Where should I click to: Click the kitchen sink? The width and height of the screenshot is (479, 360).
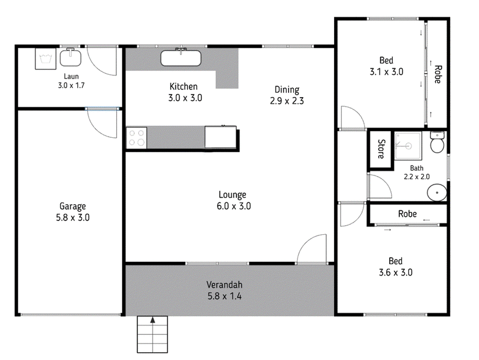pyautogui.click(x=181, y=58)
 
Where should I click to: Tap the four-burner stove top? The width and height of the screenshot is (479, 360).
pyautogui.click(x=137, y=138)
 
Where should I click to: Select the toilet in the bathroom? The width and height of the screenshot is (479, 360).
pyautogui.click(x=437, y=142)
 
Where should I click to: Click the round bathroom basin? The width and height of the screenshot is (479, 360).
pyautogui.click(x=437, y=192)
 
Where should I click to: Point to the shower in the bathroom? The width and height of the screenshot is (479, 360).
pyautogui.click(x=408, y=146)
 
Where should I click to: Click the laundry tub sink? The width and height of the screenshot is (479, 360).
pyautogui.click(x=71, y=58)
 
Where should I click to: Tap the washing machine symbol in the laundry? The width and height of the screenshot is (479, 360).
pyautogui.click(x=46, y=58)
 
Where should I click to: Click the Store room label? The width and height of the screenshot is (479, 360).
pyautogui.click(x=381, y=149)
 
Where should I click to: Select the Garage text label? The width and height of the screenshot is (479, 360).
pyautogui.click(x=72, y=207)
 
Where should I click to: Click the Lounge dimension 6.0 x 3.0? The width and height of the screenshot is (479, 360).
pyautogui.click(x=234, y=206)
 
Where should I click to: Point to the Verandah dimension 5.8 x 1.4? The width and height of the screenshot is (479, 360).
pyautogui.click(x=225, y=296)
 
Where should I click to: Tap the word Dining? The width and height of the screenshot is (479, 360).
pyautogui.click(x=287, y=89)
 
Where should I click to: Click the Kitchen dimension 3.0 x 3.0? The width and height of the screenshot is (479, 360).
pyautogui.click(x=185, y=98)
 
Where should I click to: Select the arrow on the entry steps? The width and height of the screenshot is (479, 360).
pyautogui.click(x=153, y=320)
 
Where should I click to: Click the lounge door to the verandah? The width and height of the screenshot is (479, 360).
pyautogui.click(x=312, y=247)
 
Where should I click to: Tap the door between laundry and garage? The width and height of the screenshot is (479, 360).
pyautogui.click(x=102, y=122)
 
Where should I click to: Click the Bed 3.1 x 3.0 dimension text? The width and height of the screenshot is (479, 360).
pyautogui.click(x=386, y=72)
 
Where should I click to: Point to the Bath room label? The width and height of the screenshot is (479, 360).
pyautogui.click(x=417, y=168)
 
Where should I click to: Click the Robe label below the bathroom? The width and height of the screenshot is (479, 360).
pyautogui.click(x=407, y=214)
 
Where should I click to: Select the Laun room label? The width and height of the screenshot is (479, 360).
pyautogui.click(x=71, y=77)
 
